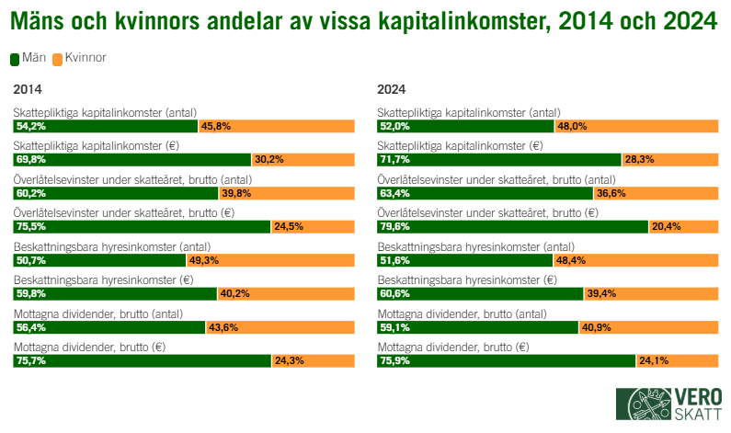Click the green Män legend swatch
pyautogui.click(x=16, y=58)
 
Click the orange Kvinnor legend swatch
pyautogui.click(x=57, y=58)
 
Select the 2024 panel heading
pyautogui.click(x=392, y=90)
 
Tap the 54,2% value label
pyautogui.click(x=30, y=126)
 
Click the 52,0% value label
pyautogui.click(x=395, y=126)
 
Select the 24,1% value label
pyautogui.click(x=654, y=360)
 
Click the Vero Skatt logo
pyautogui.click(x=668, y=406)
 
